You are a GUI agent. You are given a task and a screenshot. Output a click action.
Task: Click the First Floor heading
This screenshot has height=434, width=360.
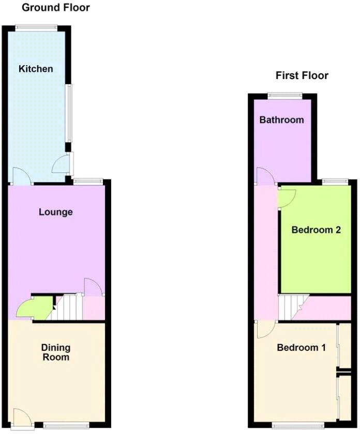tap(302, 75)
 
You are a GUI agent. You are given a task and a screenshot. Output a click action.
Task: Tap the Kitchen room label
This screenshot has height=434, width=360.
tap(36, 69)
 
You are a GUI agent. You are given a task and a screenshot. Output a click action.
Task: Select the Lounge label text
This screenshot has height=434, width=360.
tap(56, 212)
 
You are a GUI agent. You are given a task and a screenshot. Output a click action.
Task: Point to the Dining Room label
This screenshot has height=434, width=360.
tap(55, 352)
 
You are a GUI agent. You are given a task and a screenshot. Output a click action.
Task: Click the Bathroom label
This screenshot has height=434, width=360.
tap(281, 120)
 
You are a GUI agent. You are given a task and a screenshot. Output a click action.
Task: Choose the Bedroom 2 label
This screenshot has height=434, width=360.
tap(316, 230)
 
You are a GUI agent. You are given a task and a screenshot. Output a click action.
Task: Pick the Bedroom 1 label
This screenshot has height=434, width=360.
tap(301, 348)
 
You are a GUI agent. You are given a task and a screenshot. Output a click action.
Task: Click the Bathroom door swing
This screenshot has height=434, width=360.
tap(266, 177)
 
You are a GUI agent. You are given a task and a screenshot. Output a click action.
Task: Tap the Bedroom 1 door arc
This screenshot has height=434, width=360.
tap(265, 330)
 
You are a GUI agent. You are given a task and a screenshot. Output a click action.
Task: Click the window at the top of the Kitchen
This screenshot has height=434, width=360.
tap(36, 28)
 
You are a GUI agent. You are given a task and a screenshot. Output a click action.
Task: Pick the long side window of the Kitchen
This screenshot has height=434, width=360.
tap(68, 111)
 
